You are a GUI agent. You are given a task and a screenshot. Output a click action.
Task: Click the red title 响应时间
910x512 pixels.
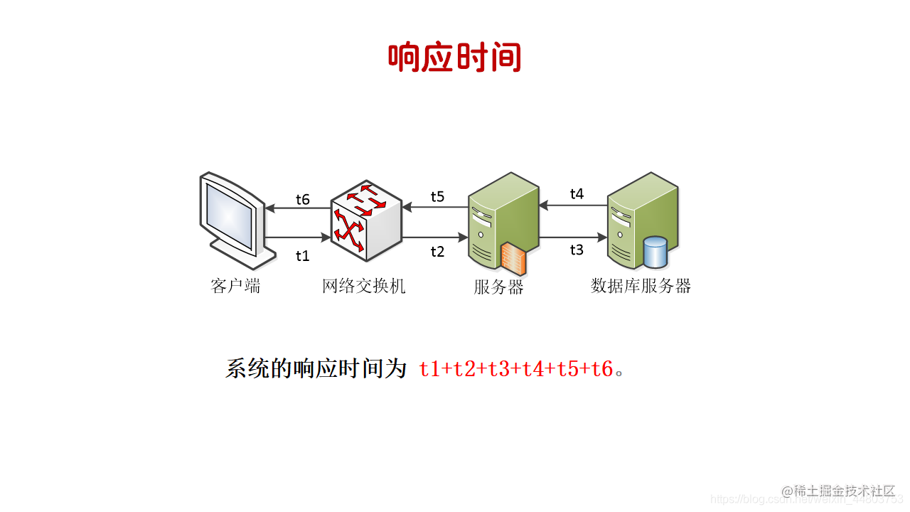(x=454, y=58)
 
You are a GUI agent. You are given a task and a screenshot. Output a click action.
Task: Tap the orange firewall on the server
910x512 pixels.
(x=513, y=258)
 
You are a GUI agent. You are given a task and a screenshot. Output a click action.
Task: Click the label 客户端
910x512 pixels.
(x=235, y=287)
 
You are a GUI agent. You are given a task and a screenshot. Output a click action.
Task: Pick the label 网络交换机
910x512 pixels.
(x=363, y=287)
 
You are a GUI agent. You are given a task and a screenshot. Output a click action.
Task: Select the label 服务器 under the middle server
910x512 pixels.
(x=498, y=287)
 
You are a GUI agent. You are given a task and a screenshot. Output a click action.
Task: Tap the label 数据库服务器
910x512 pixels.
(x=641, y=286)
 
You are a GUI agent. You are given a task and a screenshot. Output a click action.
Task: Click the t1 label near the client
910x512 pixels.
(x=303, y=256)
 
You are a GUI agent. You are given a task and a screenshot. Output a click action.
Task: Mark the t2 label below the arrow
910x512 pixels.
(x=437, y=251)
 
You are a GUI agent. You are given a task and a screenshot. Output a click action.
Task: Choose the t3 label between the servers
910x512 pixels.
(x=577, y=250)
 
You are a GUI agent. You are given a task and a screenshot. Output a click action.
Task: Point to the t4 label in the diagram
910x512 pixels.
(x=577, y=193)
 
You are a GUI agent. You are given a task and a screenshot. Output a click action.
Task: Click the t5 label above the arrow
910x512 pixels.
(x=437, y=196)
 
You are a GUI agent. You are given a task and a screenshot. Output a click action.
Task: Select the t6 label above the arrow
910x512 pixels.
(x=303, y=199)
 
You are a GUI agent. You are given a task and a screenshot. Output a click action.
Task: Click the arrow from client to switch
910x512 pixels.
(x=297, y=238)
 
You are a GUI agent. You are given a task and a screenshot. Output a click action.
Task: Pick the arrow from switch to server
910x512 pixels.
(x=434, y=238)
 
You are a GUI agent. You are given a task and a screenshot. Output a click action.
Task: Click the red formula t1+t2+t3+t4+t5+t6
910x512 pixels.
(x=515, y=369)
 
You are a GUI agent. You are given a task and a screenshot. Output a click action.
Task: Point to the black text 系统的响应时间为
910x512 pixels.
(x=316, y=369)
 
